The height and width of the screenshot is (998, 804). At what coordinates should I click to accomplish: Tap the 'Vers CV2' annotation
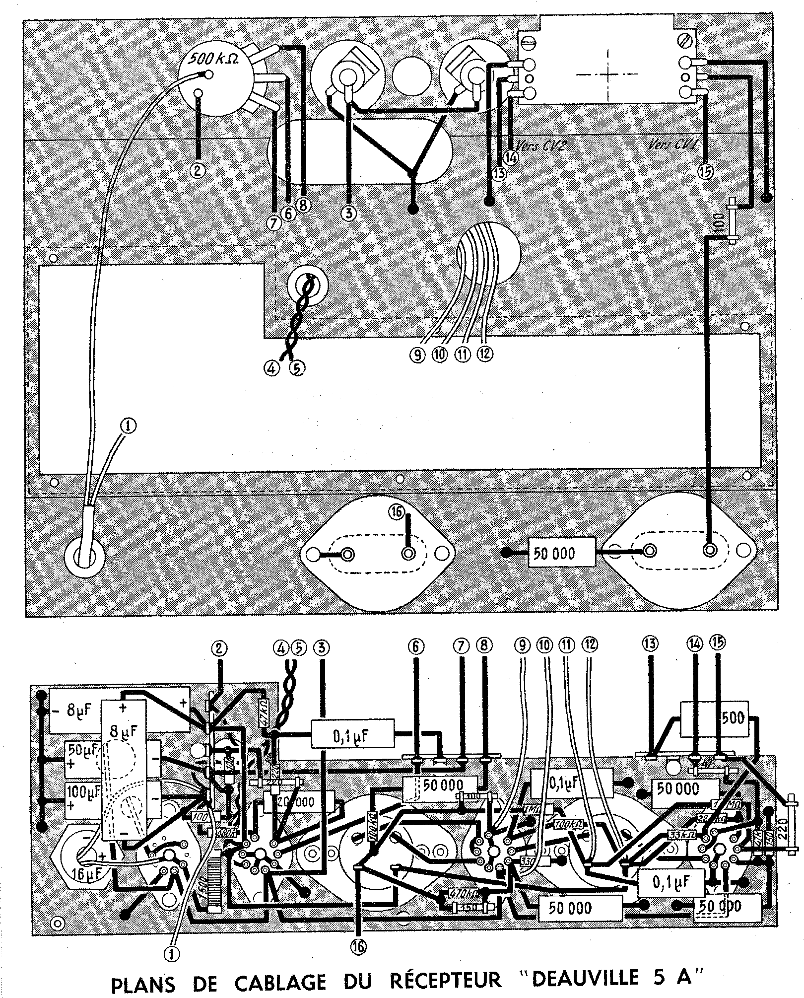coord(541,145)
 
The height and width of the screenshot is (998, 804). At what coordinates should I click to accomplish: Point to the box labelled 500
coord(730,718)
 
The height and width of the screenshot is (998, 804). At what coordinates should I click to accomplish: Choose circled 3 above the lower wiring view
coord(323,647)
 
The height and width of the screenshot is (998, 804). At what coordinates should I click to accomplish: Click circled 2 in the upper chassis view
coord(198,170)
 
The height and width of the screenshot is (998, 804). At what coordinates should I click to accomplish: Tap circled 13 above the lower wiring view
coord(650,644)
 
